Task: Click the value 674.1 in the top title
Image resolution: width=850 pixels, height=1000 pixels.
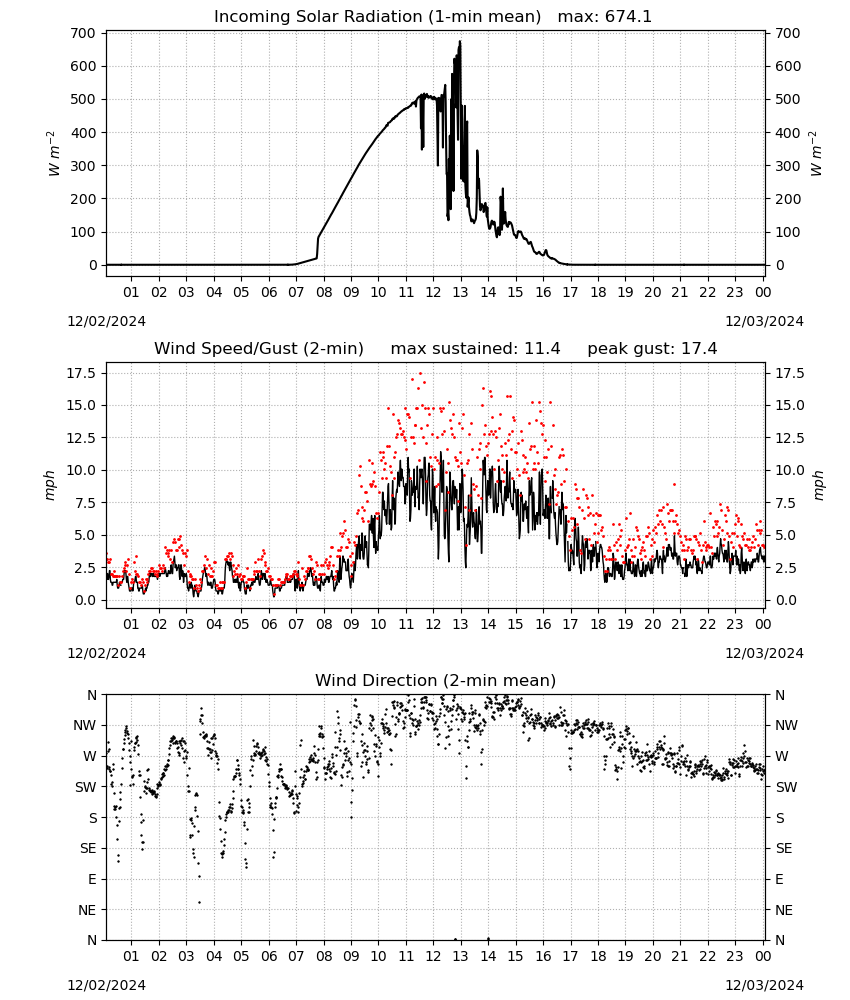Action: pyautogui.click(x=629, y=16)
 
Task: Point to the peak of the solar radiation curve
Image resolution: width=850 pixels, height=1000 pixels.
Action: pyautogui.click(x=460, y=41)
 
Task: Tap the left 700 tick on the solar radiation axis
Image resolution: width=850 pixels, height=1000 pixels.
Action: pyautogui.click(x=84, y=33)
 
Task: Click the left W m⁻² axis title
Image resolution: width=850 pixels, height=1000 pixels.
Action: pyautogui.click(x=54, y=153)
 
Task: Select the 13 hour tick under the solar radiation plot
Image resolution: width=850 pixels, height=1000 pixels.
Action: pyautogui.click(x=460, y=292)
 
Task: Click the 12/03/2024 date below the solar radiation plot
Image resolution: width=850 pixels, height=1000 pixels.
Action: pyautogui.click(x=764, y=321)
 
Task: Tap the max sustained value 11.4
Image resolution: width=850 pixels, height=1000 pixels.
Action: pyautogui.click(x=542, y=348)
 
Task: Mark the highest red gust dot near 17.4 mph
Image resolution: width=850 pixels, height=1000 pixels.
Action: pyautogui.click(x=420, y=374)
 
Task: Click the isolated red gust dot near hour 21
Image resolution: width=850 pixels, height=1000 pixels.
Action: pyautogui.click(x=675, y=485)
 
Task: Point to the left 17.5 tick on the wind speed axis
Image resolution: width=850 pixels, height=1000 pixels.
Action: pyautogui.click(x=81, y=373)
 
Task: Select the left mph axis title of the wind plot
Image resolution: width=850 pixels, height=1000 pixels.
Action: pyautogui.click(x=50, y=485)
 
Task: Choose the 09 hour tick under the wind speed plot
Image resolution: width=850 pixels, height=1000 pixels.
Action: pyautogui.click(x=351, y=624)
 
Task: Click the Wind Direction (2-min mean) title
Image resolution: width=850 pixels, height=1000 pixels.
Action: pyautogui.click(x=436, y=680)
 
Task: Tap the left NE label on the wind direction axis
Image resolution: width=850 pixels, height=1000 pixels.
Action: pyautogui.click(x=87, y=910)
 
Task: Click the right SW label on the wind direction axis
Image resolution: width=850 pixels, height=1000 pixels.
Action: pyautogui.click(x=786, y=787)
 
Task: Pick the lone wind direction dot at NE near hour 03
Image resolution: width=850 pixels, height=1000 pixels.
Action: pyautogui.click(x=200, y=902)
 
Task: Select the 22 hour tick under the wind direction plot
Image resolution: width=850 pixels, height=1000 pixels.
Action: pyautogui.click(x=707, y=956)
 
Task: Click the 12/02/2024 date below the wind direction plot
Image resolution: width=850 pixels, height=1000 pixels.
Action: pyautogui.click(x=106, y=985)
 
